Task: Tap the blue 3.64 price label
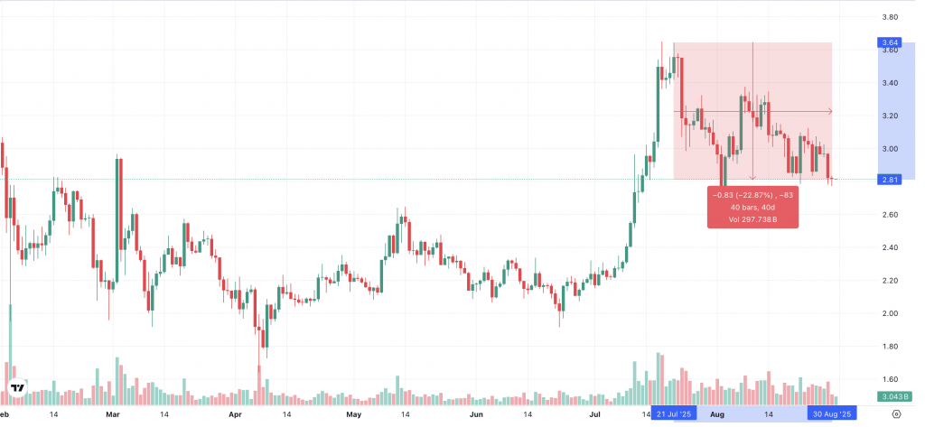(889, 42)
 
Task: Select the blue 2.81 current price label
(889, 181)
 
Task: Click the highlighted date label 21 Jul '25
(675, 414)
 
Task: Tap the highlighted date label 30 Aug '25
(831, 414)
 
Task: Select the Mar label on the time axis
(113, 414)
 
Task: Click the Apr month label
(236, 414)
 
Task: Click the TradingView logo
(17, 389)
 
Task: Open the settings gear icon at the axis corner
(895, 414)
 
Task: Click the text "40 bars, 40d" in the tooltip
(753, 207)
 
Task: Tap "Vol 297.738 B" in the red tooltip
(753, 219)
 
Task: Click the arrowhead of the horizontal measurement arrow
(829, 111)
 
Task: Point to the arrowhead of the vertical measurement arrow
(753, 177)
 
